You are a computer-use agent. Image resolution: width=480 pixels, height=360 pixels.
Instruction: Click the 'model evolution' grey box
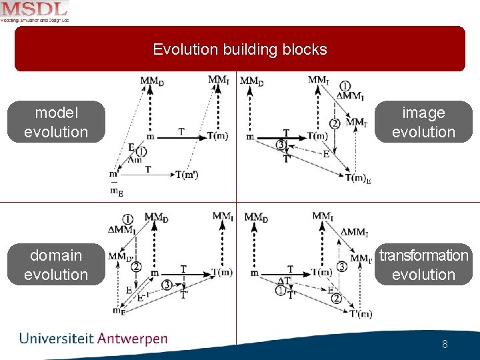pos(56,122)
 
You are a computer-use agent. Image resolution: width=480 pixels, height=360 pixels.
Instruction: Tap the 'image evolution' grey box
pos(423,122)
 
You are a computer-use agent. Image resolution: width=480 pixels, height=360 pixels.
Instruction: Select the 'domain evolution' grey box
pos(56,265)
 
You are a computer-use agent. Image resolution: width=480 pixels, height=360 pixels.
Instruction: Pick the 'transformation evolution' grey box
pos(423,265)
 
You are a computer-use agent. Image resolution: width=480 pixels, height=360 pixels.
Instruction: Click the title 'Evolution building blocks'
pos(240,49)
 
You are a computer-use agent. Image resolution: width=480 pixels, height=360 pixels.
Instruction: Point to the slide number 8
pos(445,345)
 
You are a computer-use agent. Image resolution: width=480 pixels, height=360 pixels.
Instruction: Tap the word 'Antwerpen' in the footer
pos(132,339)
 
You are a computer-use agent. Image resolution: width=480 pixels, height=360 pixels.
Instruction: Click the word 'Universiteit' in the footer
pos(57,339)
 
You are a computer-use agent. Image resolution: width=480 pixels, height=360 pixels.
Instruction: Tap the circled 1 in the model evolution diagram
pos(141,152)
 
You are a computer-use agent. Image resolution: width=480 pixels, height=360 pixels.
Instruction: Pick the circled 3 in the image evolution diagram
pos(281,145)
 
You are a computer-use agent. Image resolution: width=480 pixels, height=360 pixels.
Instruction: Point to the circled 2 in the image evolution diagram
pos(335,123)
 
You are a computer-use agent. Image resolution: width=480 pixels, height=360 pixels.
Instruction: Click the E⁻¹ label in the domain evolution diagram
pos(142,298)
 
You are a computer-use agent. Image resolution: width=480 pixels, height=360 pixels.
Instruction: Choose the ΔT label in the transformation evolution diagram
pos(284,281)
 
